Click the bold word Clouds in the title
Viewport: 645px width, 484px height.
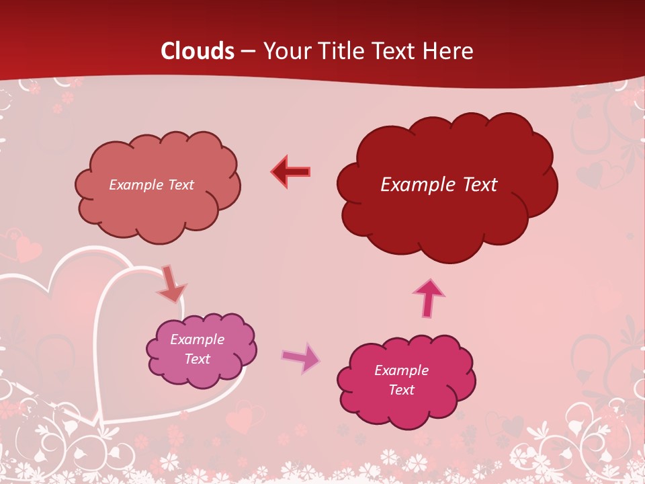[x=198, y=51]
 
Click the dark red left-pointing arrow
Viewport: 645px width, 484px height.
[x=290, y=171]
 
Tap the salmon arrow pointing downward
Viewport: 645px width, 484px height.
[x=171, y=284]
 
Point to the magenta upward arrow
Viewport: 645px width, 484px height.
[x=429, y=298]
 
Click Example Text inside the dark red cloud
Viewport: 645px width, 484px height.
[x=439, y=184]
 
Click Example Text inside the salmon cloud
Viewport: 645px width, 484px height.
[x=151, y=184]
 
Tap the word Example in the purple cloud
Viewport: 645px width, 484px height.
[x=197, y=339]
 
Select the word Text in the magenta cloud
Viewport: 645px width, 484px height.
[x=401, y=390]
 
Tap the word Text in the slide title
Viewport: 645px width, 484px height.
[x=393, y=51]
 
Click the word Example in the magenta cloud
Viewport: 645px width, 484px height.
[x=401, y=370]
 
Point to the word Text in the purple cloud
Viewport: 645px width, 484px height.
[x=197, y=359]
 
